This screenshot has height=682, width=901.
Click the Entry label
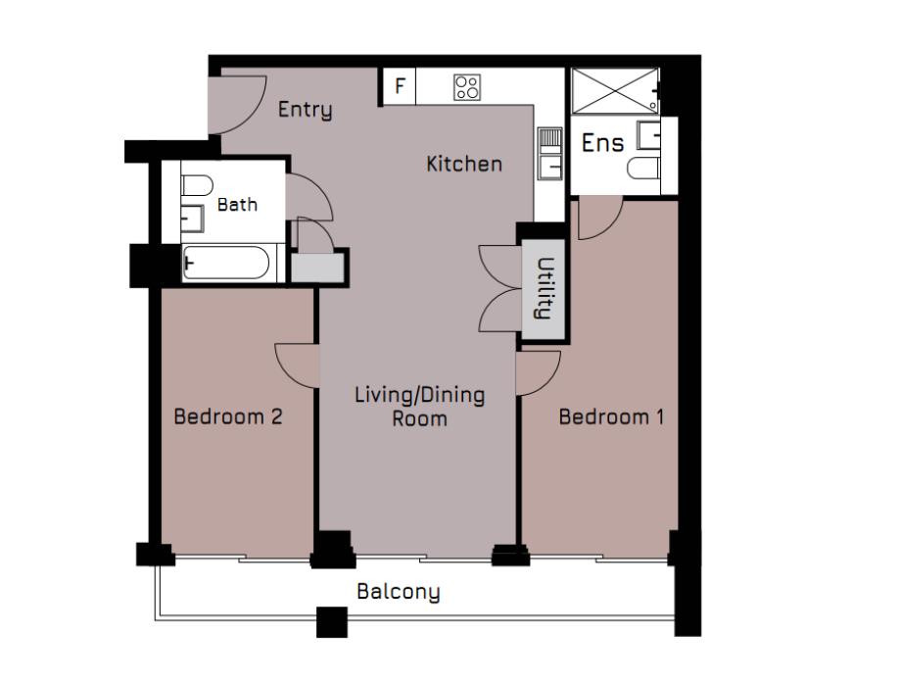click(305, 110)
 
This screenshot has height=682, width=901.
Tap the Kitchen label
click(463, 164)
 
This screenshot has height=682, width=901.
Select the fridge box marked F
click(399, 85)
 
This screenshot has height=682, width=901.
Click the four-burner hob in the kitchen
click(467, 87)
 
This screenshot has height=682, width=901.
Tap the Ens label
click(602, 143)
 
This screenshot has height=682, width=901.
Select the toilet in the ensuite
click(643, 169)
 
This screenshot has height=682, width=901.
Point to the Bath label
click(237, 205)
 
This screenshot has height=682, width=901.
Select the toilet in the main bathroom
click(197, 186)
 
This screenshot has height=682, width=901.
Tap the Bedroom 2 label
click(228, 416)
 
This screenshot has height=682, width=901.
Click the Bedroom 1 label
click(611, 416)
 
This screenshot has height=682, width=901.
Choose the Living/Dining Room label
click(419, 408)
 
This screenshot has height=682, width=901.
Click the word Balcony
click(398, 592)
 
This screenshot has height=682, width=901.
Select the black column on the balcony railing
click(332, 621)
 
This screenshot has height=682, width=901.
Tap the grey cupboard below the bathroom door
click(319, 267)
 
